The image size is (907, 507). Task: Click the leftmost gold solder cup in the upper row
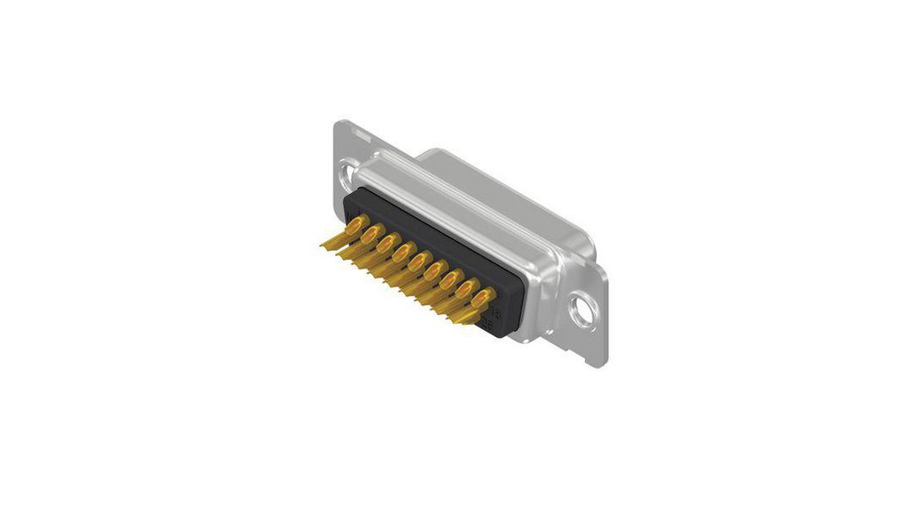[x=356, y=225]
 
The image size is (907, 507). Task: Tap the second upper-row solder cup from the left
[x=372, y=234]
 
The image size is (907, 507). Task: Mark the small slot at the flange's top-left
[x=360, y=133]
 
